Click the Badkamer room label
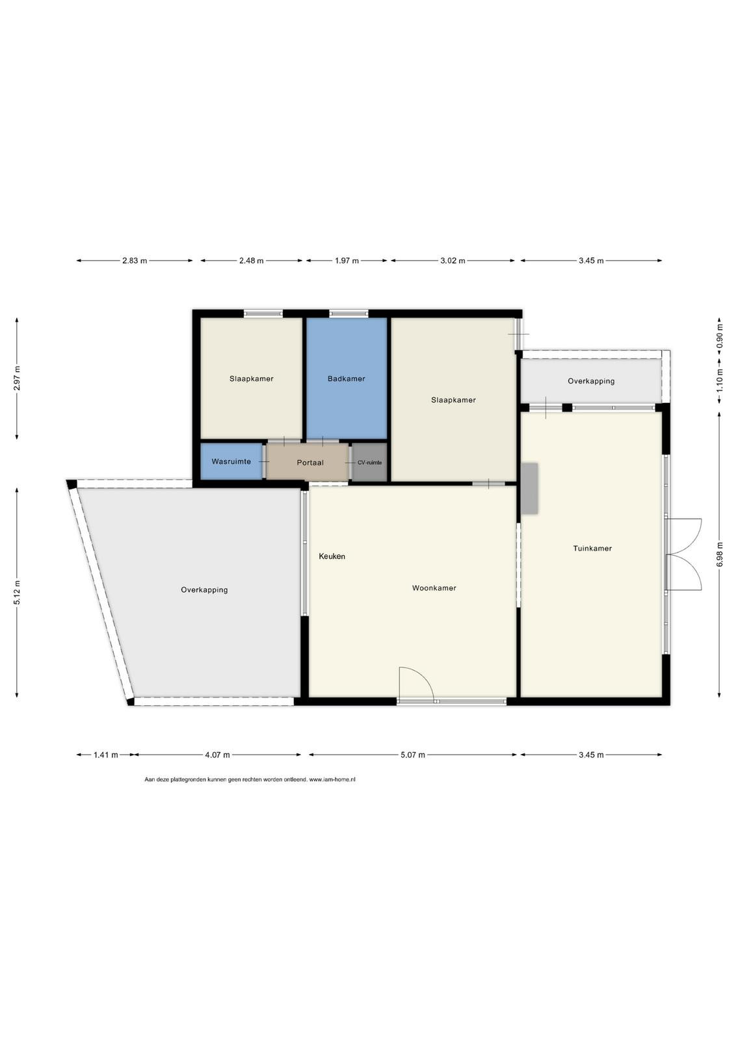(346, 379)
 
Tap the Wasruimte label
(231, 461)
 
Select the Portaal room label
(310, 462)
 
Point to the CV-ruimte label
(369, 462)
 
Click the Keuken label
(332, 556)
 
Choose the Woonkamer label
(434, 588)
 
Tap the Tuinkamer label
(592, 549)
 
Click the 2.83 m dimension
(135, 261)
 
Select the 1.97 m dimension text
(347, 261)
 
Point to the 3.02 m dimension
(453, 261)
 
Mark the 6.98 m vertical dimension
(720, 554)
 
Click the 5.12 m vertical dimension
(17, 592)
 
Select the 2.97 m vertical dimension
(17, 378)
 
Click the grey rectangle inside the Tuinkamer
(529, 488)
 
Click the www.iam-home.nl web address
(332, 779)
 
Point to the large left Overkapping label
(204, 590)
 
